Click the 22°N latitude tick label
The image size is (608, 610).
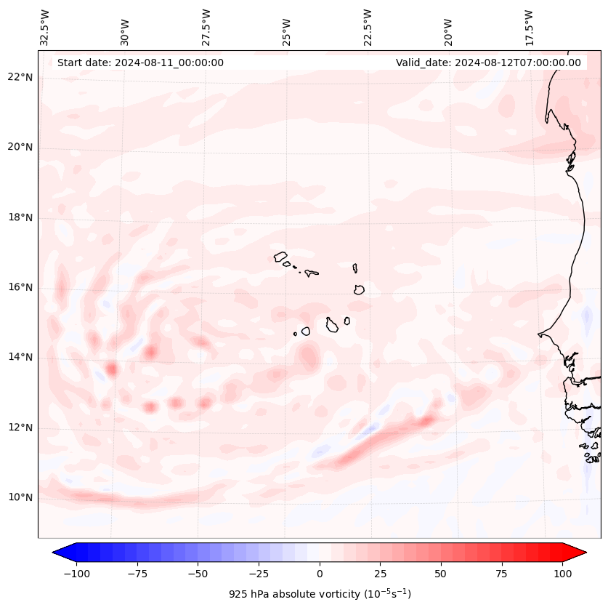[x=20, y=77]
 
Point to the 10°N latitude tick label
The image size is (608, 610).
[x=20, y=497]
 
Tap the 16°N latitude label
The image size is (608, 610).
[x=20, y=287]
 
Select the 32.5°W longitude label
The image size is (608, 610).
[x=45, y=28]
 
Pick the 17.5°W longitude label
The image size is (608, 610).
[x=529, y=28]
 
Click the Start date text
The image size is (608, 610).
[x=140, y=63]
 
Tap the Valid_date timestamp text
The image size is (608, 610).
[x=488, y=63]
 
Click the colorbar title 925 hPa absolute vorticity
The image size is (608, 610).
[x=320, y=594]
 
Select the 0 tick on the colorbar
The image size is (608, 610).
[x=320, y=574]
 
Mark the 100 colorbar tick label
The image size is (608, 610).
[x=562, y=574]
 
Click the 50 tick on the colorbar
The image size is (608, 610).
[x=441, y=574]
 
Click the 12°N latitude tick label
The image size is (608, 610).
[x=20, y=428]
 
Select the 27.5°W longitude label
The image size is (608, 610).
[x=206, y=28]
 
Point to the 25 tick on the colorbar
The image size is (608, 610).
[x=380, y=574]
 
